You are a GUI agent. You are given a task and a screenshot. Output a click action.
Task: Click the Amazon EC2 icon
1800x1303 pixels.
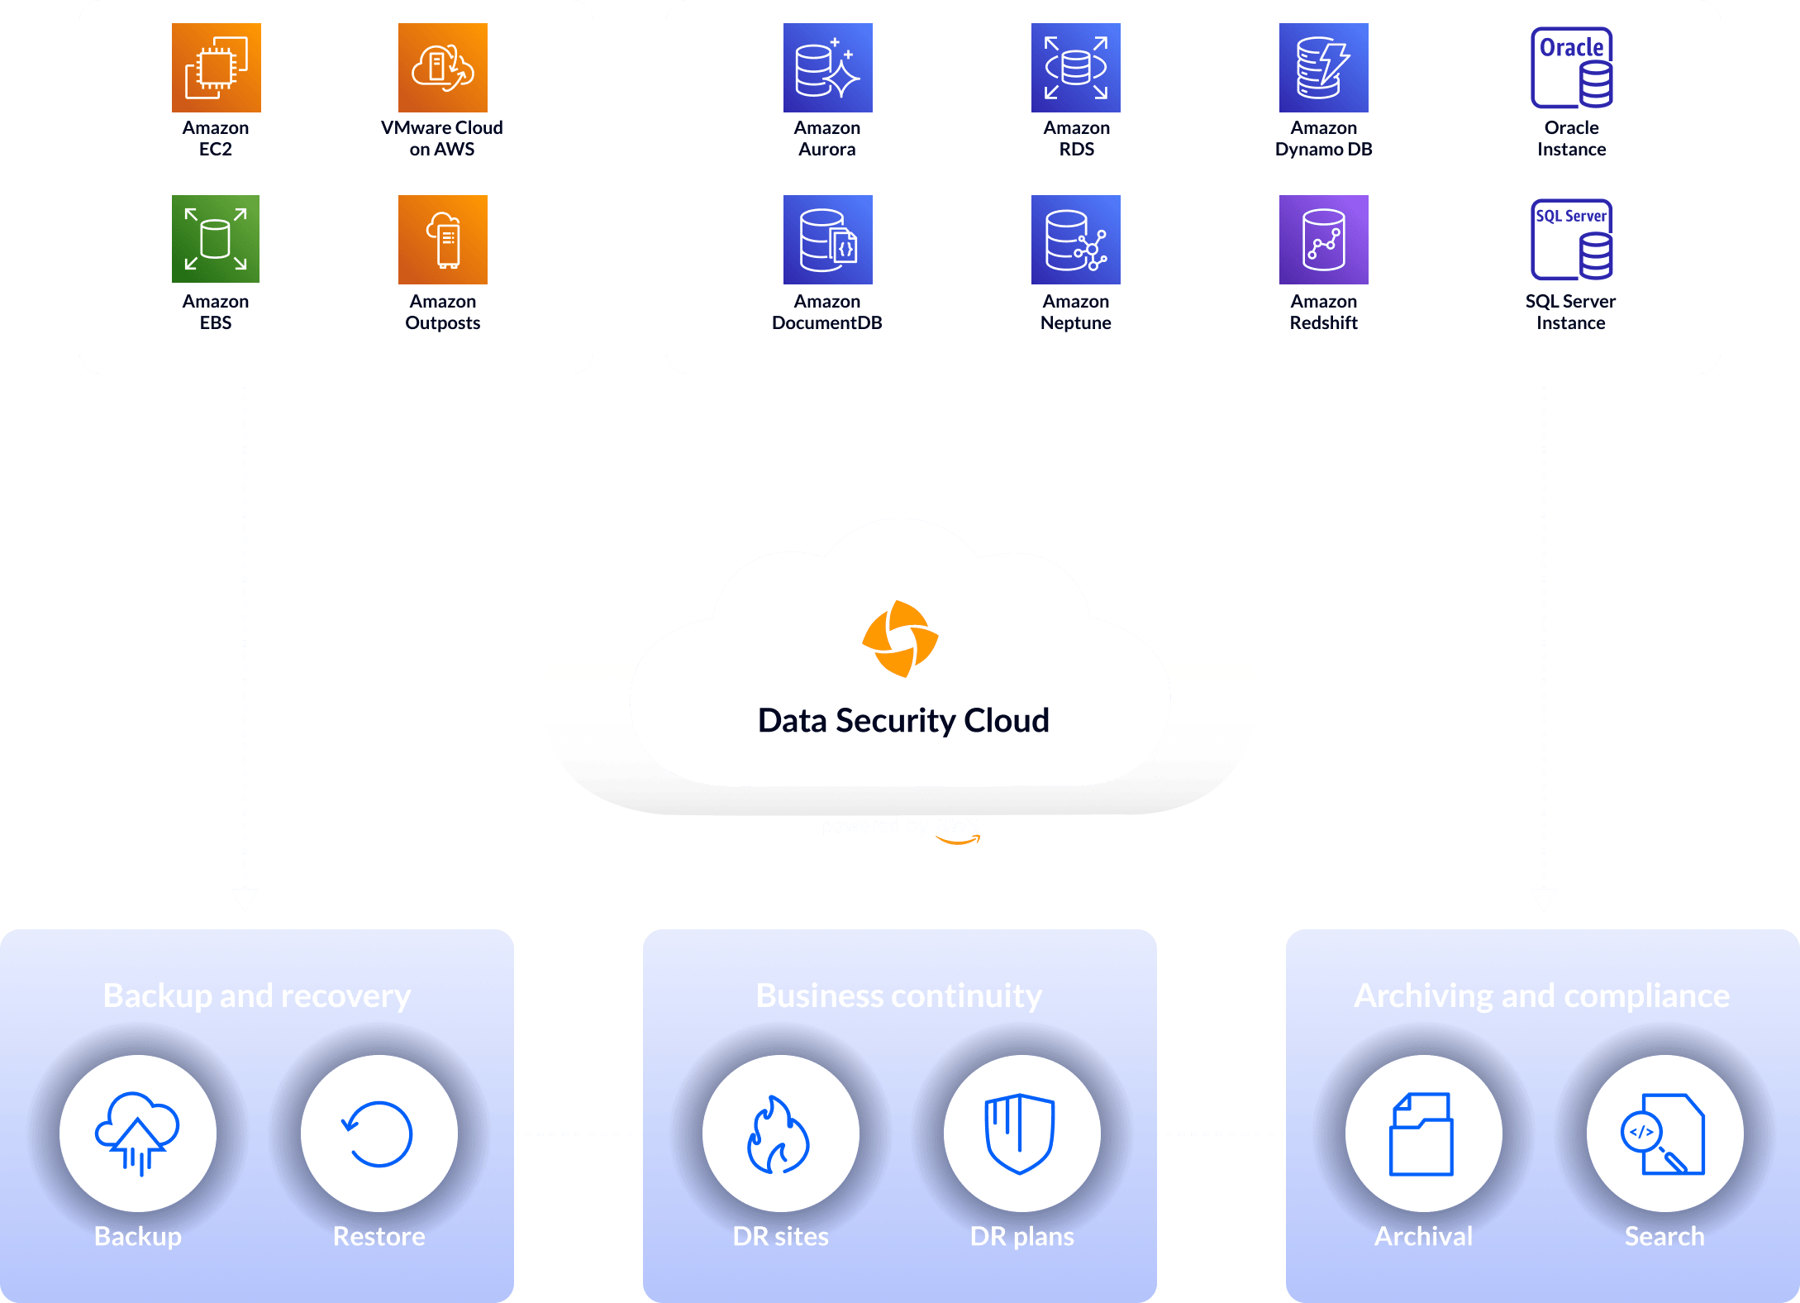[x=216, y=68]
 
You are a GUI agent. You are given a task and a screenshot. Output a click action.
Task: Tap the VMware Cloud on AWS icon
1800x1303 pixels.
[x=442, y=68]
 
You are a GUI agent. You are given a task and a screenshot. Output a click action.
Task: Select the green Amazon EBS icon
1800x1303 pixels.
[x=216, y=239]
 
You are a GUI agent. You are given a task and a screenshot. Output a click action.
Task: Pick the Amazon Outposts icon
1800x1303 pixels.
[x=442, y=240]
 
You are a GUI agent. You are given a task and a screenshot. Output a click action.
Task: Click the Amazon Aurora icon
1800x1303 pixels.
[x=827, y=68]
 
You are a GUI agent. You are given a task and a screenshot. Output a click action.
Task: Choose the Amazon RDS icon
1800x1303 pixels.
[x=1075, y=68]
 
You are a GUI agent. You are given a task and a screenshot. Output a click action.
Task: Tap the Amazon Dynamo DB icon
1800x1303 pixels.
[x=1323, y=68]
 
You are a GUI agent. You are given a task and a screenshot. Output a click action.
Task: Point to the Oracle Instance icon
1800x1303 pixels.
[x=1571, y=68]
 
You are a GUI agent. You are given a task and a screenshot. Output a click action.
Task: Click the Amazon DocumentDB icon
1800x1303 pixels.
[x=827, y=240]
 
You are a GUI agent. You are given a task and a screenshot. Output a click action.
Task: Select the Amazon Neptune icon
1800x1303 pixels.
[x=1075, y=240]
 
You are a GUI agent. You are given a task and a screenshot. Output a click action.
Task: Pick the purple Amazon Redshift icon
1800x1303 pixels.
[x=1323, y=240]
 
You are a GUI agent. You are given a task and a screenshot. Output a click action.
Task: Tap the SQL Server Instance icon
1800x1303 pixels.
[x=1571, y=240]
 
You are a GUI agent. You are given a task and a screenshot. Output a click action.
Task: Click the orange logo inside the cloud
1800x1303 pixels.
[x=900, y=639]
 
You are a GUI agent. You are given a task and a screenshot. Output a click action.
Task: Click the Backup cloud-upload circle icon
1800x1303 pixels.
[x=138, y=1133]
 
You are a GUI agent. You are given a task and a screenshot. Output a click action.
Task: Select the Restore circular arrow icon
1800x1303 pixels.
[x=379, y=1133]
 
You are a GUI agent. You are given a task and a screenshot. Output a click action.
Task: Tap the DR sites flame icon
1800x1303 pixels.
[x=780, y=1133]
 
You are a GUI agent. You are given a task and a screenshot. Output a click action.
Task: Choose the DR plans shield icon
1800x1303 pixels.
[x=1021, y=1133]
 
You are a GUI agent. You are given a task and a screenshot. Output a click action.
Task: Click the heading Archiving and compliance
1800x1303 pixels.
[x=1541, y=995]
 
